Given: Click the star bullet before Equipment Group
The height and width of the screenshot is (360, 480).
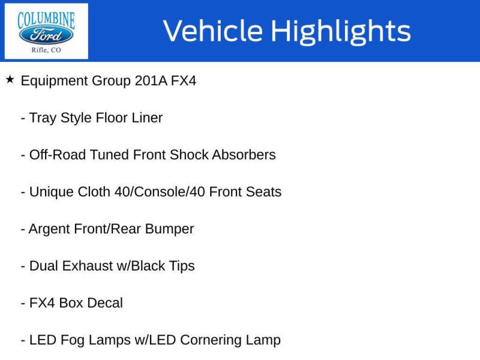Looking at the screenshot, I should click(10, 79).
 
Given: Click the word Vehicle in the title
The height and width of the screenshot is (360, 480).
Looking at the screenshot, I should click(212, 31).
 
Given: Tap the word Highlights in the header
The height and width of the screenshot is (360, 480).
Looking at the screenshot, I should click(341, 31).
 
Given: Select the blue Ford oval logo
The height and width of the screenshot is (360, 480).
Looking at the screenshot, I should click(46, 34).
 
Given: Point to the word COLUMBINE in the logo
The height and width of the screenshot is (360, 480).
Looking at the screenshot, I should click(46, 19).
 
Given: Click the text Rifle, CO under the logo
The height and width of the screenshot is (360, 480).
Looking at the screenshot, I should click(46, 50).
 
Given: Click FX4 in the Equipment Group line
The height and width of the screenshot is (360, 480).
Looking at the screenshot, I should click(184, 81).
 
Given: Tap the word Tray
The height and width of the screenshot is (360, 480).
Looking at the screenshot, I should click(43, 118).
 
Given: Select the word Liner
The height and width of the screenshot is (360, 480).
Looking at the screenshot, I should click(147, 118).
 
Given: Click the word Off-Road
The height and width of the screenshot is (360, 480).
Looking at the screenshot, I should click(58, 155).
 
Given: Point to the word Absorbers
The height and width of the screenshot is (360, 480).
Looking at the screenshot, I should click(244, 155).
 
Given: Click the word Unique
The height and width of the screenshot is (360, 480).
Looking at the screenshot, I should click(51, 192).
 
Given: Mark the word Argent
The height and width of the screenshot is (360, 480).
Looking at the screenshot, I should click(49, 229).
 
